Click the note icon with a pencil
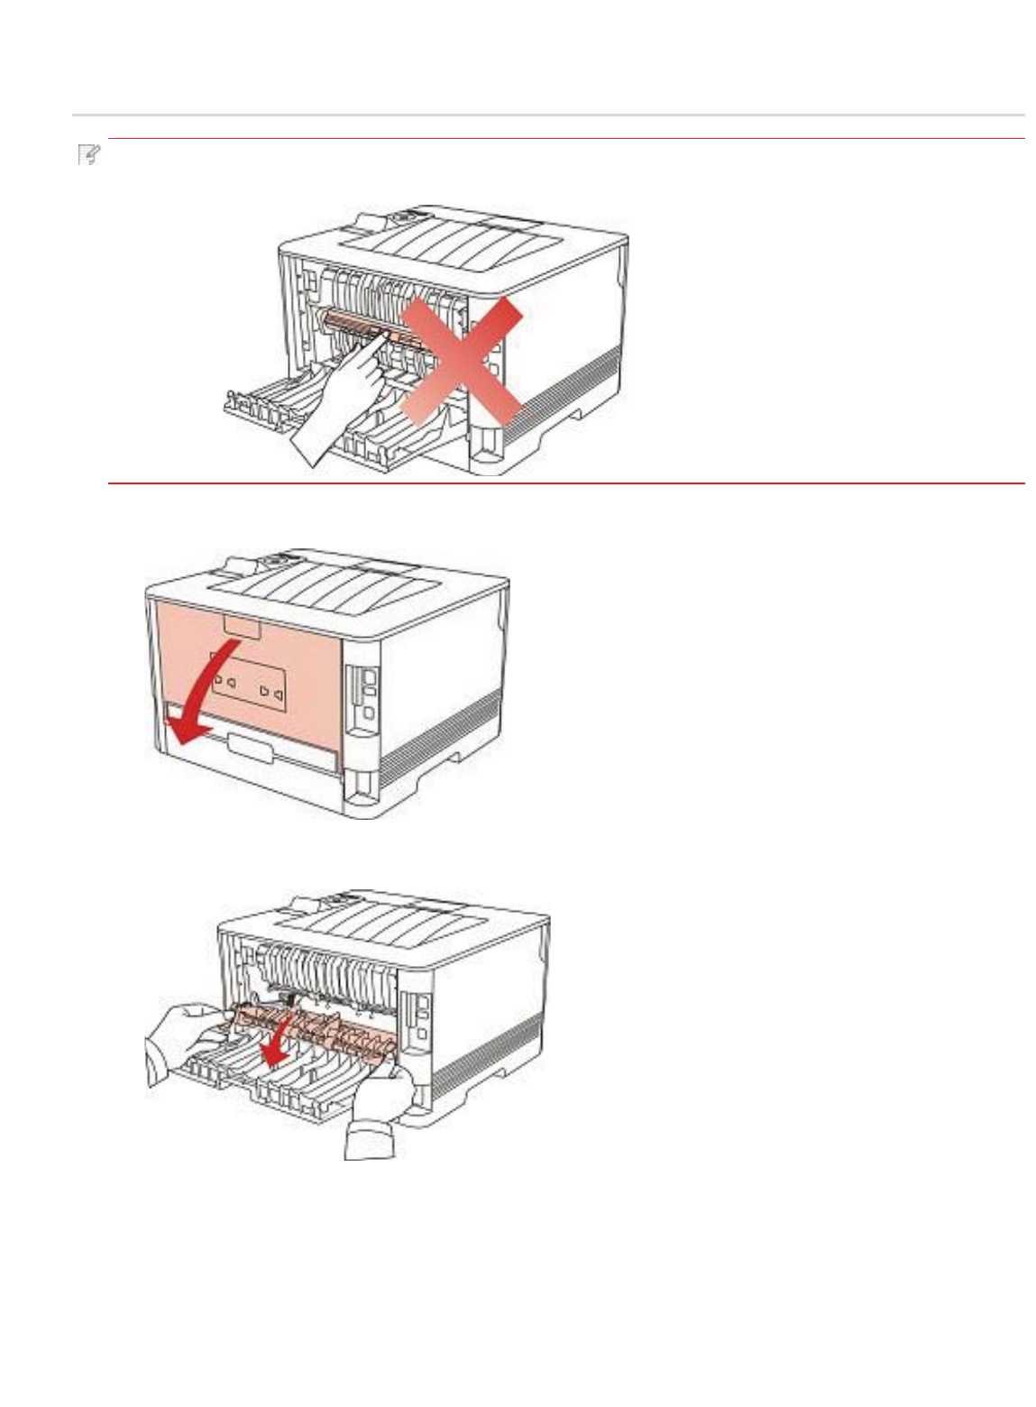pyautogui.click(x=88, y=155)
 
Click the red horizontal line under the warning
pyautogui.click(x=566, y=483)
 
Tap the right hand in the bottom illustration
pyautogui.click(x=379, y=1114)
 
